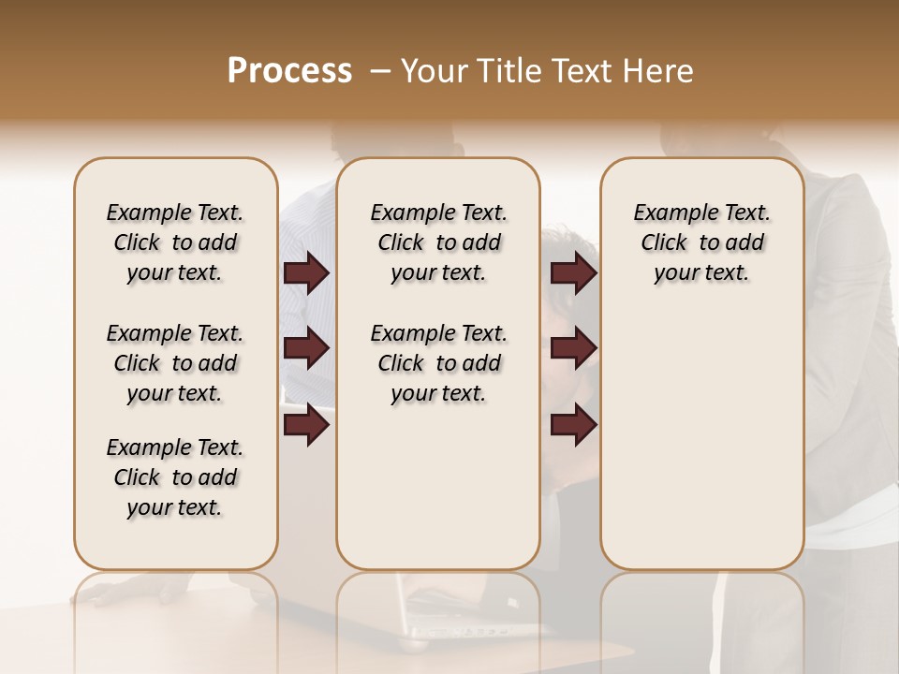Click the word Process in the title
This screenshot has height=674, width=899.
[x=289, y=71]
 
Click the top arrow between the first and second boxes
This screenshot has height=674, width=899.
[x=306, y=273]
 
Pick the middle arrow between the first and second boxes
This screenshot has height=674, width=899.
[x=306, y=349]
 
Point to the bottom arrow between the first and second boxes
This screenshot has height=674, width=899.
[x=306, y=426]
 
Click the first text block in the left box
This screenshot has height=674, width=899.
[x=175, y=242]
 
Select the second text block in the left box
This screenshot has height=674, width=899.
[x=175, y=363]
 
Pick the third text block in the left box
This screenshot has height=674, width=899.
[x=175, y=477]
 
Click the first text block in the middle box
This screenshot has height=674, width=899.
[x=438, y=242]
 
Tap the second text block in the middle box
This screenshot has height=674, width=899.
[x=438, y=363]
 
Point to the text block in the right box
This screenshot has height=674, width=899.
[x=701, y=242]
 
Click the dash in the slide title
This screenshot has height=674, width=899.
[x=380, y=71]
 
